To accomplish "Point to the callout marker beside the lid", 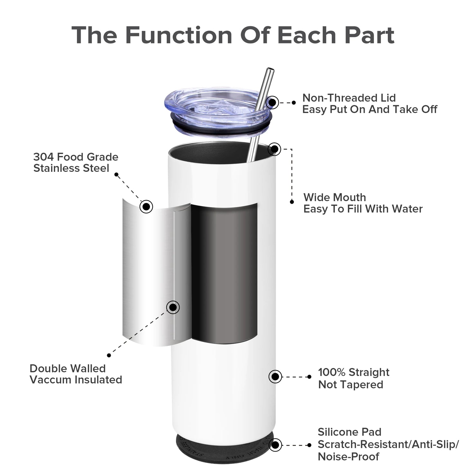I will (273, 102).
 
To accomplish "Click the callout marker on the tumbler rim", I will (274, 149).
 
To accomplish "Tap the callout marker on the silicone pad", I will (275, 445).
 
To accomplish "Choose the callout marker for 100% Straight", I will (275, 377).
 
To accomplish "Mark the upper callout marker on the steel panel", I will (146, 206).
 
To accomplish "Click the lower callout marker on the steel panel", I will (173, 307).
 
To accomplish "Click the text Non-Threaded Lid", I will (349, 98).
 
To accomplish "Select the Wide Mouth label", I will (335, 197).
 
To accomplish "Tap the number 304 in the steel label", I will (43, 157).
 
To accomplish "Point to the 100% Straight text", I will (353, 372).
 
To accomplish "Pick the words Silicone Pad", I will (349, 432).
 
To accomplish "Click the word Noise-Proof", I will (349, 457).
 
